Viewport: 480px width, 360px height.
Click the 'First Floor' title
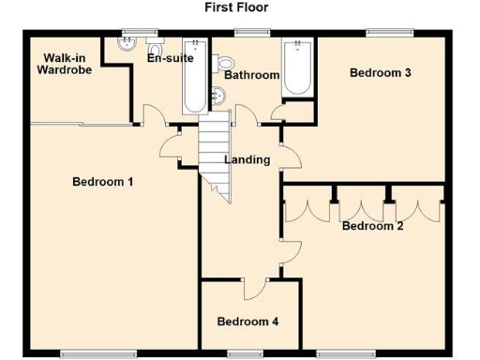(x=236, y=7)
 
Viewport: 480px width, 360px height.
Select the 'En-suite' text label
(x=170, y=58)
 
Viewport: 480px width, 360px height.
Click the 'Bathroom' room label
(x=251, y=75)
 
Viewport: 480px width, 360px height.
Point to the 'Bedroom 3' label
(x=381, y=72)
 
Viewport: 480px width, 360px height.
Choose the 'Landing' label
(x=247, y=159)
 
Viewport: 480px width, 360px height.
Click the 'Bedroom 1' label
(x=102, y=181)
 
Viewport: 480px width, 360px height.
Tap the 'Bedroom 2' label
(x=372, y=226)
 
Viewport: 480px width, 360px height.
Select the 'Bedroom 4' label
(x=247, y=322)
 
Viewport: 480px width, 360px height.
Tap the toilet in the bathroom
(x=226, y=62)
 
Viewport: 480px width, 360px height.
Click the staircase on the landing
(x=215, y=150)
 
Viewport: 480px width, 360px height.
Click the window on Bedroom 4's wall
(x=246, y=353)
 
